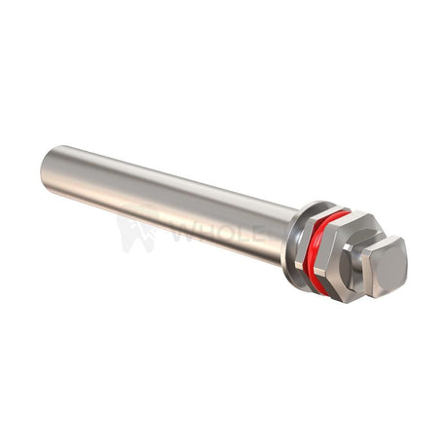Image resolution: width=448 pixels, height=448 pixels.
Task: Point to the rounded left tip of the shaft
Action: pyautogui.click(x=47, y=169)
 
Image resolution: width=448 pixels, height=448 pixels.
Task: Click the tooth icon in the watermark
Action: pyautogui.click(x=136, y=233)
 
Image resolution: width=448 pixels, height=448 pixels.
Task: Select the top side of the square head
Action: pyautogui.click(x=389, y=243)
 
